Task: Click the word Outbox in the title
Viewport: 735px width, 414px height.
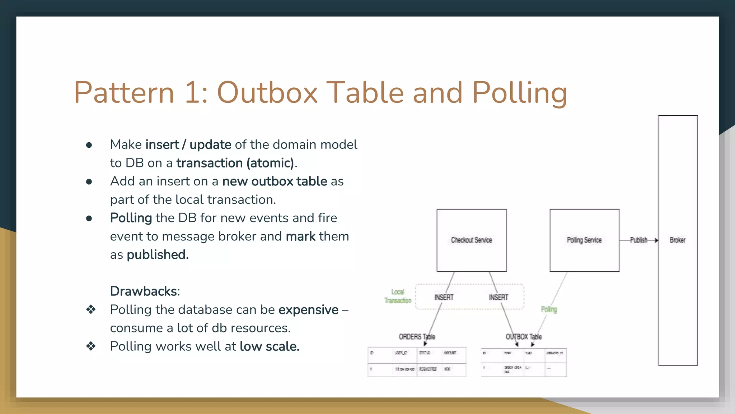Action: [x=267, y=92]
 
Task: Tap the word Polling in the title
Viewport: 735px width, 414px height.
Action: [x=519, y=92]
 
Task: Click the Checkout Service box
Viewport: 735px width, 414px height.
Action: [x=471, y=240]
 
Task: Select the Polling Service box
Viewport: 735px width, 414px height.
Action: [x=584, y=240]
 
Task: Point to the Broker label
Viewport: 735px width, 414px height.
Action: [x=677, y=240]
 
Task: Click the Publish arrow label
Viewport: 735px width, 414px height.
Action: [x=638, y=240]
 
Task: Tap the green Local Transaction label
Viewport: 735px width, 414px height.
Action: [x=398, y=296]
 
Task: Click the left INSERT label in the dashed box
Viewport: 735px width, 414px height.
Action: [x=444, y=298]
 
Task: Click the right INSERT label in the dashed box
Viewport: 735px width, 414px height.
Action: [x=498, y=298]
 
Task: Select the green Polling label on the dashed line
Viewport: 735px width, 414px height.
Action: [x=549, y=309]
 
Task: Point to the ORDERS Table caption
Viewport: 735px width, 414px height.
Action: [x=417, y=337]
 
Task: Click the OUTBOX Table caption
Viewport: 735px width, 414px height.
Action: [x=524, y=337]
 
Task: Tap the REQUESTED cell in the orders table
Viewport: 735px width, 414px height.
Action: [x=428, y=369]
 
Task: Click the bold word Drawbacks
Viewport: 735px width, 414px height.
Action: [x=144, y=291]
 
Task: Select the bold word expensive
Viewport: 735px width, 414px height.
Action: [x=308, y=310]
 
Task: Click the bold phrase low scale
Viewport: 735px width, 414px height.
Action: [x=269, y=346]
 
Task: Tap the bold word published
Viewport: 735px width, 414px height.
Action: [x=157, y=255]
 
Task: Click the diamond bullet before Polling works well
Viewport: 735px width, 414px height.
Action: [x=91, y=346]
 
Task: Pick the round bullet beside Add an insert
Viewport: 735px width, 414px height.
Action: [x=89, y=182]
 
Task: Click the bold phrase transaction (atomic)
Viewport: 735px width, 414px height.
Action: [x=235, y=163]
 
